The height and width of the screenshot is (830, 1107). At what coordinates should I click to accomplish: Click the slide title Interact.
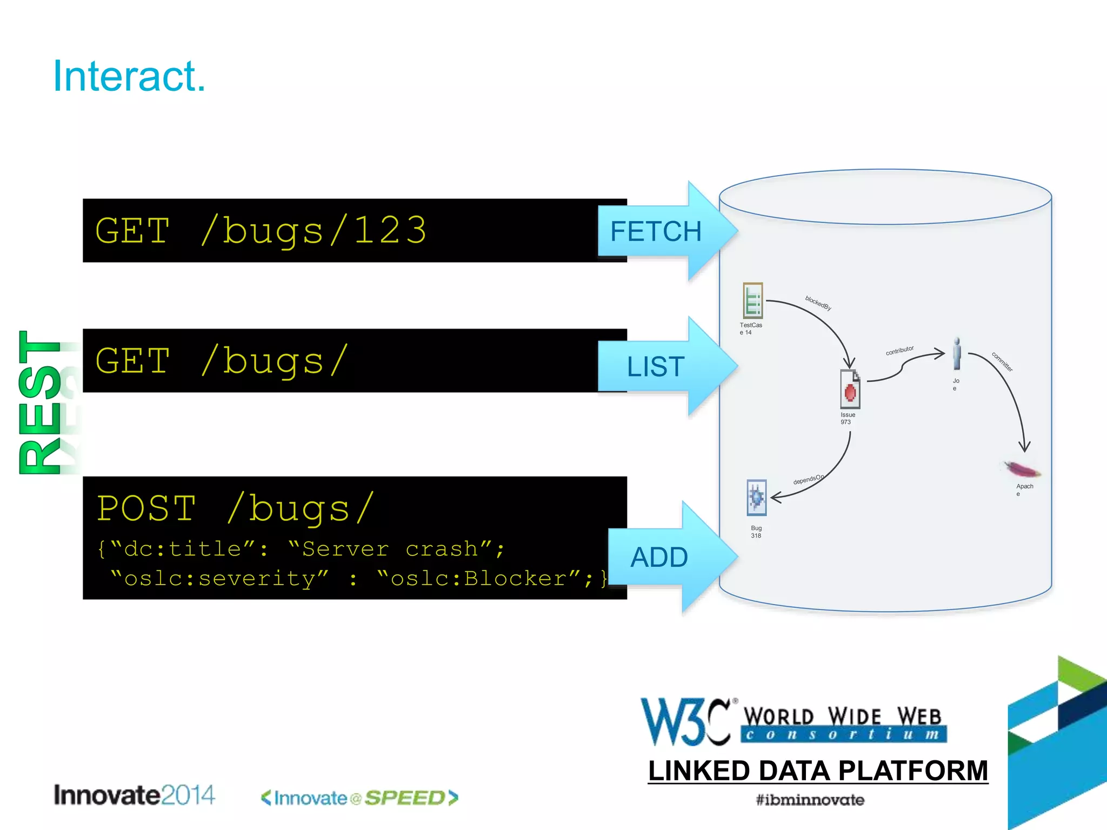click(129, 76)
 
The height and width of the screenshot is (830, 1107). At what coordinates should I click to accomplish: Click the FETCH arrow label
click(655, 231)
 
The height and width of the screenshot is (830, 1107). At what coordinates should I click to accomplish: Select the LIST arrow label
click(655, 366)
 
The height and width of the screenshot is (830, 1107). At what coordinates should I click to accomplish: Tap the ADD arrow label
click(659, 557)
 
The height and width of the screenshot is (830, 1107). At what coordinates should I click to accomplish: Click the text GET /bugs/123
click(261, 231)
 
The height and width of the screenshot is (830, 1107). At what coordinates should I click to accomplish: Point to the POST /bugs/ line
click(236, 508)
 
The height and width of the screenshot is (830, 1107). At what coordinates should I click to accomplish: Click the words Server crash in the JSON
click(389, 549)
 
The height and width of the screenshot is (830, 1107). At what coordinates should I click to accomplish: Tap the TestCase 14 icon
click(752, 300)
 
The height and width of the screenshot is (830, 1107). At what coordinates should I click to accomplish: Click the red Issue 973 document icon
click(850, 390)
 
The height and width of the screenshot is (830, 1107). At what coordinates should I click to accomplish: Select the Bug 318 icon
click(756, 497)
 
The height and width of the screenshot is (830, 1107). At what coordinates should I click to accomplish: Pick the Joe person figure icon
click(957, 353)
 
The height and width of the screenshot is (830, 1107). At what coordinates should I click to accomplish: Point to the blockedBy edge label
click(818, 303)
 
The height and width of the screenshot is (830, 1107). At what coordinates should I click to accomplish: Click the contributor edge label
click(899, 350)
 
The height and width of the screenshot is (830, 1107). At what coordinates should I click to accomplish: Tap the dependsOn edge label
click(808, 479)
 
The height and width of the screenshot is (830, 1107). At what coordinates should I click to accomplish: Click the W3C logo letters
click(685, 722)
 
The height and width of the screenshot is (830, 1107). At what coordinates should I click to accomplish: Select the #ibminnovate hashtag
click(810, 800)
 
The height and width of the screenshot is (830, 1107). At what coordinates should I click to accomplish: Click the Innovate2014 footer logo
click(134, 795)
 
